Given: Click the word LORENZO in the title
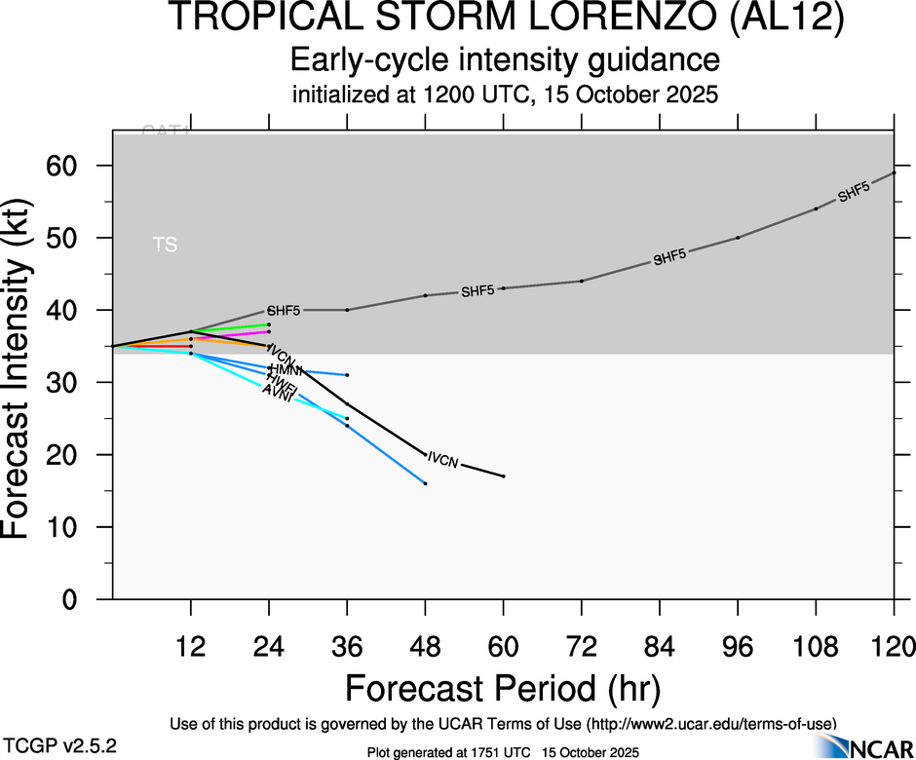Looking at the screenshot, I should (x=585, y=19).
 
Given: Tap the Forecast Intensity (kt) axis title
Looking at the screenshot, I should (x=29, y=364).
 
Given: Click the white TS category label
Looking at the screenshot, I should (x=166, y=245).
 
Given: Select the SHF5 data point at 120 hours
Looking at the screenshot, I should (x=895, y=172).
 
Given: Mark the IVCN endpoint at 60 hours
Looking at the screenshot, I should (x=503, y=476).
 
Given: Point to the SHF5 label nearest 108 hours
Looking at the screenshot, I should (x=854, y=192).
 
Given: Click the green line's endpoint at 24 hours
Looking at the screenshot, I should (x=269, y=324).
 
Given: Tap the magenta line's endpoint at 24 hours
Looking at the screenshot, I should (x=269, y=331).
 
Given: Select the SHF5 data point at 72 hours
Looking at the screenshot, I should (x=582, y=281).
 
